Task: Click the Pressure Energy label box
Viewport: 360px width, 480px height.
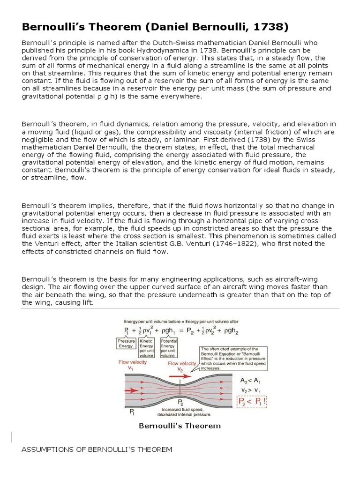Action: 126,344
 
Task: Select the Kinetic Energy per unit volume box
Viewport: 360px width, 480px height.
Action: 147,347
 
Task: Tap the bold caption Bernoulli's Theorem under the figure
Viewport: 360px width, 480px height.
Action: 180,426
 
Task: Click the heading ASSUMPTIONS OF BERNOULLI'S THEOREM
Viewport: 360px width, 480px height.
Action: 97,450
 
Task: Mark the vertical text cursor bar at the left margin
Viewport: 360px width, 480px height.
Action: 11,437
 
